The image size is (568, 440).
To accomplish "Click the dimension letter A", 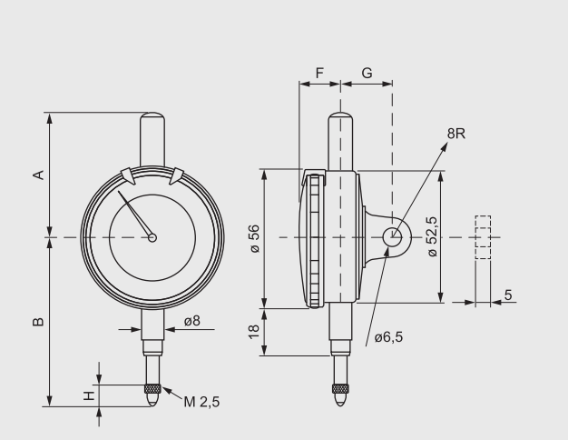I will pos(38,175).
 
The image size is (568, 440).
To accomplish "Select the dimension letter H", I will pos(88,395).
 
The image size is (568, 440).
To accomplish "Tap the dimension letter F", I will pos(319,72).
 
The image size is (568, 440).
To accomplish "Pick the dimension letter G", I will pos(367,72).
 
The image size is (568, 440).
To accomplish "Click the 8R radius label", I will pos(456,134).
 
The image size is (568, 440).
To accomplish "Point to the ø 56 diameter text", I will pos(255,238).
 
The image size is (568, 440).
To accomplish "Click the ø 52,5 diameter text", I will pos(431,238).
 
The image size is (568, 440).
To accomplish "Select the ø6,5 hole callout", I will pos(388,337).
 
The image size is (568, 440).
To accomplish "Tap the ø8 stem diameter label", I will pos(192,321).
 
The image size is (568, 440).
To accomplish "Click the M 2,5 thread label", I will pos(202,402).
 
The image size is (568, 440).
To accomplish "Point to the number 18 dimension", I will pos(255,332).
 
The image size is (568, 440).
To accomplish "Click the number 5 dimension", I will pos(508,295).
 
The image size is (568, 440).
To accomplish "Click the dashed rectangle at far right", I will pos(483,237).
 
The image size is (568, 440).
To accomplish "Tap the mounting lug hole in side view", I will pos(392,237).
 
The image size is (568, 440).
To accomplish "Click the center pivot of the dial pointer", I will pos(152,238).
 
